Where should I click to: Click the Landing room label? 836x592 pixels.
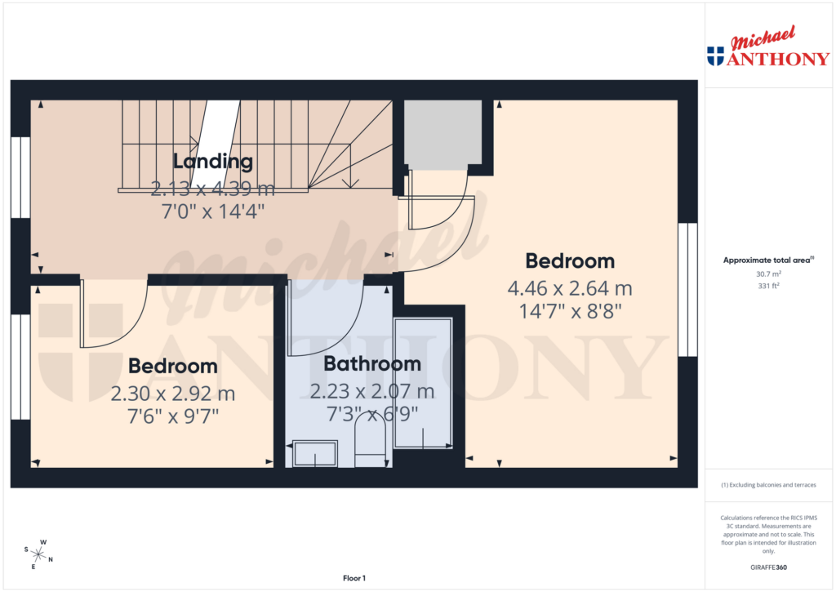pos(212,161)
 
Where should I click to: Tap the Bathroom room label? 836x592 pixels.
pos(372,363)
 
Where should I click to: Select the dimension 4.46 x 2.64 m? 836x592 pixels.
pos(570,288)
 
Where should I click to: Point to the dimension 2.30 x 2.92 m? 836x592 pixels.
pos(173,394)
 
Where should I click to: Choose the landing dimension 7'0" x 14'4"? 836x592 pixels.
pos(212,211)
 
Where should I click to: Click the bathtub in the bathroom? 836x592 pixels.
pos(423,382)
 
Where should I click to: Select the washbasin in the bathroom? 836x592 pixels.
pos(315,454)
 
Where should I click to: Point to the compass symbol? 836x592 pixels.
pos(38,554)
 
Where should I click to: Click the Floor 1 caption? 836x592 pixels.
pos(354,578)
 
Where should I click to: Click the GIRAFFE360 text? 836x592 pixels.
pos(768,567)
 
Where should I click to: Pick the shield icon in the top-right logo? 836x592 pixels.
pos(715,56)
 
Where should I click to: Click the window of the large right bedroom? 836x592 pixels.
pos(688,290)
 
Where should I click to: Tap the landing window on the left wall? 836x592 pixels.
pos(20,177)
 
